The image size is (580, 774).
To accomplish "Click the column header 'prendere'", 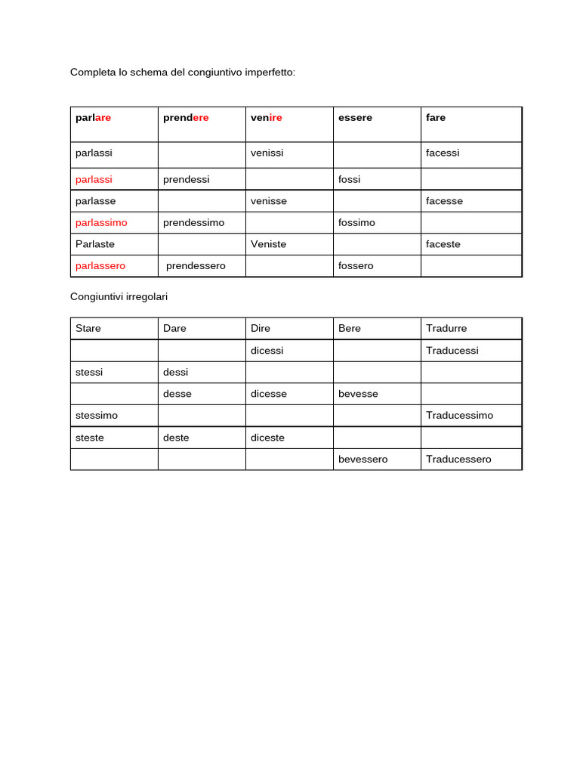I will [186, 118].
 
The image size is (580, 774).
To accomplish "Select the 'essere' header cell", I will [355, 118].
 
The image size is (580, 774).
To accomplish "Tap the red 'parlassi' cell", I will [94, 179].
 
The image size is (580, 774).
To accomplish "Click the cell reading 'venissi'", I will [267, 153].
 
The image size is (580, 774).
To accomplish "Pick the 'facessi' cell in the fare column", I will [443, 153].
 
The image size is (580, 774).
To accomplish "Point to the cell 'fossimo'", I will [356, 223].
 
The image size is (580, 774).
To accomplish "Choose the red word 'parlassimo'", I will [101, 223].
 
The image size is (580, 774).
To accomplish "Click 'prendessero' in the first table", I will [196, 266].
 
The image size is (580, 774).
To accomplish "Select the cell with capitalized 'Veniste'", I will [268, 244].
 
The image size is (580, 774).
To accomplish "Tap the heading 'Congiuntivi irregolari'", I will [119, 297].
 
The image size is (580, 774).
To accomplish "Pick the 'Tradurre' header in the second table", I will [446, 329].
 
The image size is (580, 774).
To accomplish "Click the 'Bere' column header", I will [350, 329].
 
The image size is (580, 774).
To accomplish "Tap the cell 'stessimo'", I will [97, 416].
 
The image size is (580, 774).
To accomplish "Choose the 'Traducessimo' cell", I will [459, 416].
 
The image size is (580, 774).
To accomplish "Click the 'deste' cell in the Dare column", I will [176, 438].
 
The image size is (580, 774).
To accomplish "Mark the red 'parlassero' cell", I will [100, 266].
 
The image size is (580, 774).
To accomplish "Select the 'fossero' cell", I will [356, 266].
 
